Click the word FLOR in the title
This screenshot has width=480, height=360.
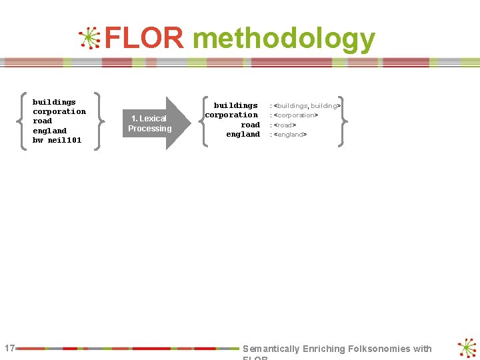[144, 39]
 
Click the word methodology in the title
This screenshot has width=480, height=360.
[283, 40]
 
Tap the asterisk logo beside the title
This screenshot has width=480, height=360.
[89, 39]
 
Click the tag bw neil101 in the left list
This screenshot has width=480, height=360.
[57, 140]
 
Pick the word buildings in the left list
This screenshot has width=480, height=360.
[54, 102]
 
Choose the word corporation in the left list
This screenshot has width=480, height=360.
[59, 111]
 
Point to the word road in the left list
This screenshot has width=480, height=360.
[42, 121]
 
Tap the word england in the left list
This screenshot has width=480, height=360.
[49, 131]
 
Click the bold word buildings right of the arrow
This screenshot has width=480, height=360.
[235, 105]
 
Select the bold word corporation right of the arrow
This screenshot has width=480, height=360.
[231, 115]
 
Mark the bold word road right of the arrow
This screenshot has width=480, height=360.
[250, 125]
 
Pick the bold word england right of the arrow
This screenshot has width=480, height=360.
[243, 134]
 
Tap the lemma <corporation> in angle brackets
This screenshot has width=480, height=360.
[296, 115]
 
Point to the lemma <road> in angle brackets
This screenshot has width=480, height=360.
[285, 125]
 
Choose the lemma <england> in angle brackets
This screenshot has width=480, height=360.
[290, 134]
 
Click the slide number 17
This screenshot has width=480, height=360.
[9, 348]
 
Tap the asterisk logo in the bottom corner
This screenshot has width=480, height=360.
[467, 348]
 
